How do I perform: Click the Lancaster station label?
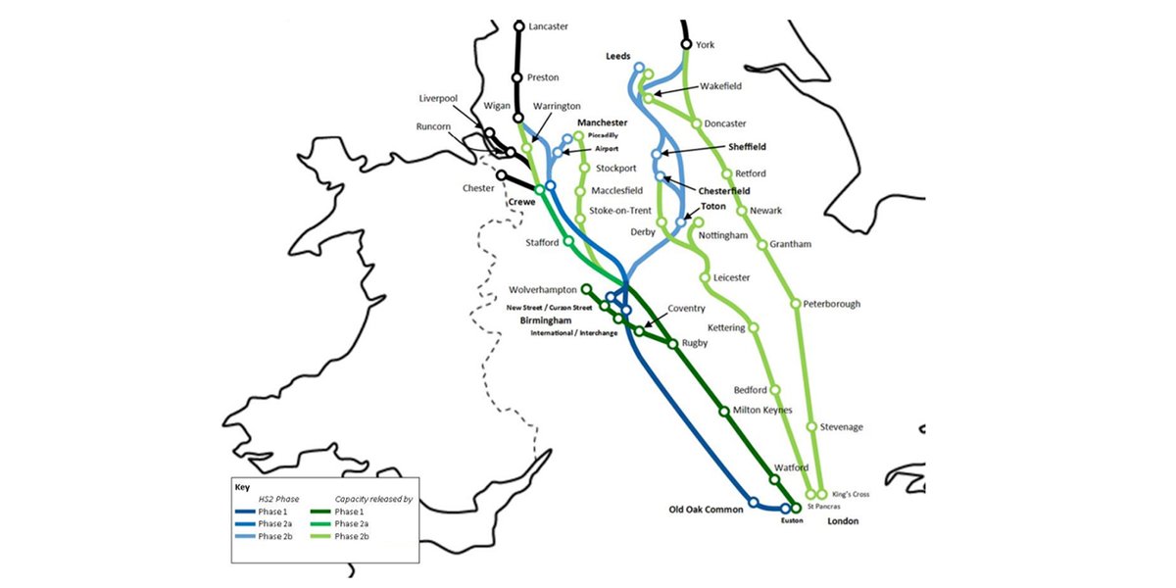pyautogui.click(x=548, y=26)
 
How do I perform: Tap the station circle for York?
pyautogui.click(x=686, y=44)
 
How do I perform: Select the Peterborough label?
pyautogui.click(x=831, y=304)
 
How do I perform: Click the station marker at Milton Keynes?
pyautogui.click(x=724, y=412)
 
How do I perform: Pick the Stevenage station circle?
pyautogui.click(x=811, y=426)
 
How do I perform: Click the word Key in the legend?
pyautogui.click(x=242, y=486)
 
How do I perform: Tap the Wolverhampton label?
pyautogui.click(x=543, y=289)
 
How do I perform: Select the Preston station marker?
pyautogui.click(x=517, y=77)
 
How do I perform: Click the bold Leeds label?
pyautogui.click(x=617, y=57)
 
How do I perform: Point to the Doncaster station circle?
pyautogui.click(x=696, y=124)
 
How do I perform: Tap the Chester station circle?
pyautogui.click(x=502, y=176)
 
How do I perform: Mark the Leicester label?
pyautogui.click(x=731, y=277)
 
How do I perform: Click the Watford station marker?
pyautogui.click(x=775, y=480)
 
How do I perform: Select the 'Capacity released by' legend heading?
pyautogui.click(x=373, y=499)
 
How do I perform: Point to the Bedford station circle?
pyautogui.click(x=775, y=390)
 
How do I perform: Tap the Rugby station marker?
pyautogui.click(x=672, y=344)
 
